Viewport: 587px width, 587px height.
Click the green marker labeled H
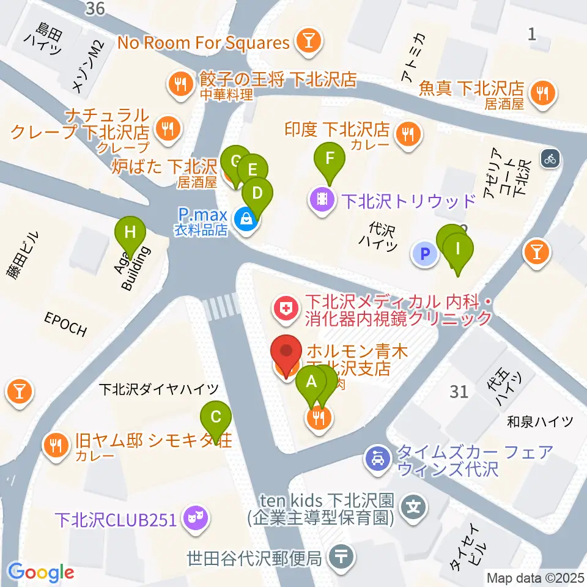130,233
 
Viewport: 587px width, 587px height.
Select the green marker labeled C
216,418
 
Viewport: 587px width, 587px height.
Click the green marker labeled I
459,248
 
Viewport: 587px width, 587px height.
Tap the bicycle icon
550,160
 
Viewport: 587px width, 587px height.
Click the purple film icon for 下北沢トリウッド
321,198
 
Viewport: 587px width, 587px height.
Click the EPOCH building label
65,323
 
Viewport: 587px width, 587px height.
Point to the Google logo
41,572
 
